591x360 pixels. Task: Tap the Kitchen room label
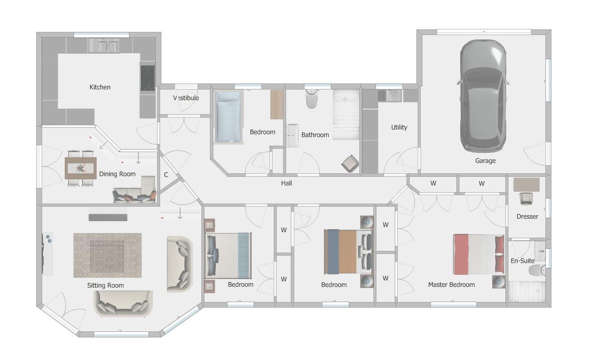(x=100, y=87)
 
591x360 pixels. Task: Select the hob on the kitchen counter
(x=147, y=78)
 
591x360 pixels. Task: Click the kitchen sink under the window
(x=103, y=45)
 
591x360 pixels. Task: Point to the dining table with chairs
(x=80, y=168)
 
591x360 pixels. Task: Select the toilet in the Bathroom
(x=312, y=99)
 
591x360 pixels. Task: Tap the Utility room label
(x=399, y=127)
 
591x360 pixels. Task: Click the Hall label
(x=287, y=183)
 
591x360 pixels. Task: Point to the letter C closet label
(x=166, y=175)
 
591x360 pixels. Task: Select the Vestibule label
(x=186, y=98)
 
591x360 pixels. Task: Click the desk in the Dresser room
(x=526, y=184)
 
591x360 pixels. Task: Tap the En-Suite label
(x=522, y=261)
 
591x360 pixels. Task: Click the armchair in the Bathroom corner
(x=350, y=164)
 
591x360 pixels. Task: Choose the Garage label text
(x=485, y=161)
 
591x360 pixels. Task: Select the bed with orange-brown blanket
(x=348, y=251)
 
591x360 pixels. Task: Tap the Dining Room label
(x=117, y=174)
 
